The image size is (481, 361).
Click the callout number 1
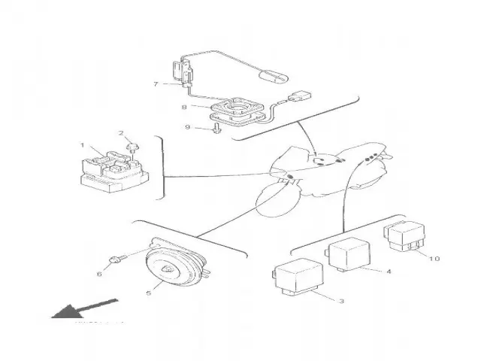point(83,144)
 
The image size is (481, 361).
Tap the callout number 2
point(119,133)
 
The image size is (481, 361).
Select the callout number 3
point(341,301)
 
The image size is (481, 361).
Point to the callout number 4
point(389,271)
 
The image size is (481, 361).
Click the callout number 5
point(147,293)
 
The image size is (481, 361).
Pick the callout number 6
point(98,274)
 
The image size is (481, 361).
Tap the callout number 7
point(156,84)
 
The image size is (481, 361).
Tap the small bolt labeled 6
point(115,260)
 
